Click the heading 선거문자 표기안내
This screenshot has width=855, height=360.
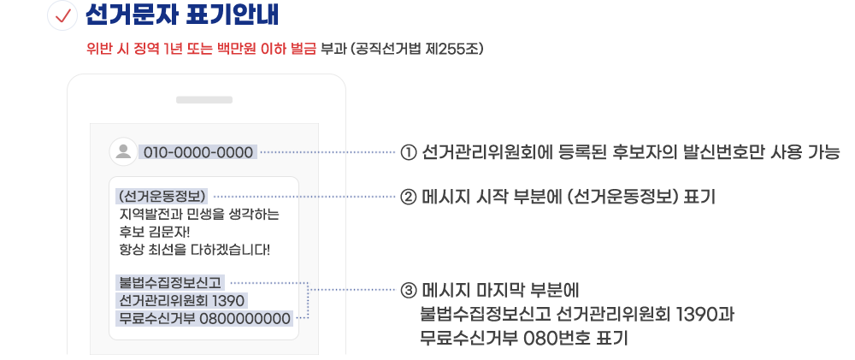pyautogui.click(x=181, y=16)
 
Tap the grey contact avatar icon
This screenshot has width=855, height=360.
pyautogui.click(x=124, y=152)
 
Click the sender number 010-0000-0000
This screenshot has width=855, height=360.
pyautogui.click(x=198, y=153)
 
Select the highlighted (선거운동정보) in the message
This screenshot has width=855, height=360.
pyautogui.click(x=163, y=196)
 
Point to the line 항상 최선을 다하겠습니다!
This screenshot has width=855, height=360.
pyautogui.click(x=195, y=251)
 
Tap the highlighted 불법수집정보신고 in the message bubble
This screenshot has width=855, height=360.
pyautogui.click(x=170, y=282)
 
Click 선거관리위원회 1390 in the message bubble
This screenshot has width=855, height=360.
pyautogui.click(x=183, y=301)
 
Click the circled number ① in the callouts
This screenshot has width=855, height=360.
pyautogui.click(x=408, y=153)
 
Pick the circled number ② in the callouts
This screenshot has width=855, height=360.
pyautogui.click(x=408, y=197)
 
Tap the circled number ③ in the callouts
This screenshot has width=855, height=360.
pyautogui.click(x=408, y=288)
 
